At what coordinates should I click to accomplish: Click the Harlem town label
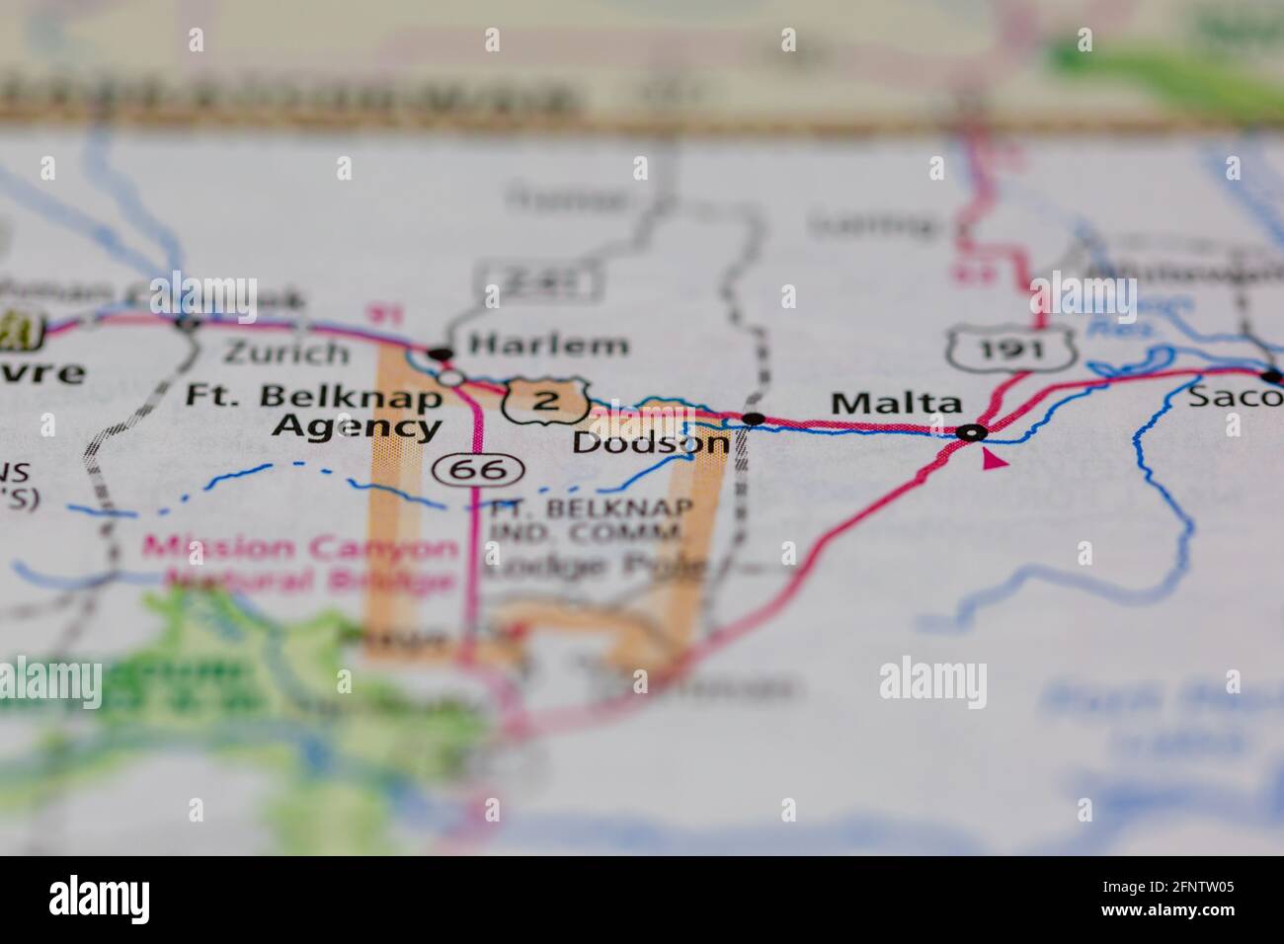coord(548,345)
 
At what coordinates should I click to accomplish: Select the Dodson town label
coord(651,443)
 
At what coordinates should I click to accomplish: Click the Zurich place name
coord(286,352)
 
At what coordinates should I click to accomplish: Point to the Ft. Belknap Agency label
coord(315,412)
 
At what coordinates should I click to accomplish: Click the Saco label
coord(1226,397)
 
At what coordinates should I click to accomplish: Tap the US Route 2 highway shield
coord(546,400)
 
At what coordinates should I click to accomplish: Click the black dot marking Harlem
coord(440,353)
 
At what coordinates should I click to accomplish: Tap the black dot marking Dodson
coord(754,419)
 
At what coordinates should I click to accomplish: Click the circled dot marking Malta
coord(973,433)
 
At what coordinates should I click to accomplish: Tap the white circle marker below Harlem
coord(450,376)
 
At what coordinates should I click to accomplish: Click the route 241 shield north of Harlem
coord(539,284)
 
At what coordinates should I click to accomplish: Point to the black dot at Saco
coord(1272,375)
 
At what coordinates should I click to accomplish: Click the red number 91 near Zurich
coord(378,315)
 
